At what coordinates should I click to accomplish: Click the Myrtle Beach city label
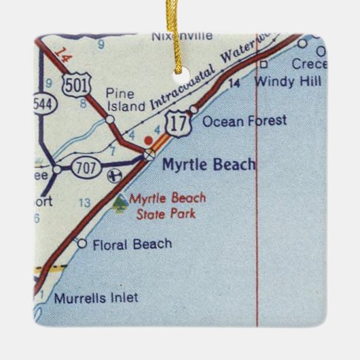[209, 164]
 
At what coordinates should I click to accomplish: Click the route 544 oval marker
[43, 104]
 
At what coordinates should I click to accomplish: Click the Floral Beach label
[132, 244]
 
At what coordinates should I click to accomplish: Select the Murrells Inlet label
[95, 297]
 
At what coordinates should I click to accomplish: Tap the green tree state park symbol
[120, 202]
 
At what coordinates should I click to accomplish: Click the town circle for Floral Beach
[82, 244]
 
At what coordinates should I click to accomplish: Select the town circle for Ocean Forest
[194, 109]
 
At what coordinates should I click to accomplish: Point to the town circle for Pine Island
[110, 120]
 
